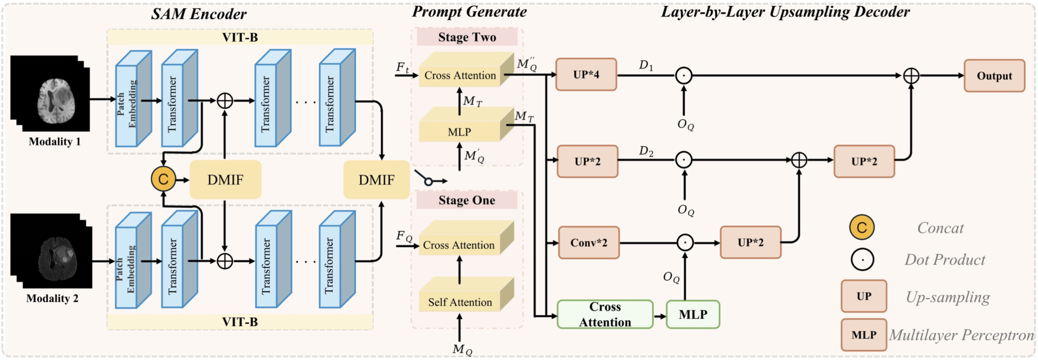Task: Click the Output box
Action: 994,76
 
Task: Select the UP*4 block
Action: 586,74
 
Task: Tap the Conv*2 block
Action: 589,243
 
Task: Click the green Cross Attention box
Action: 605,315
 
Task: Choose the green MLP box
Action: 693,315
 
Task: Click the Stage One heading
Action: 466,200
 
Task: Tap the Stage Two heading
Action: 467,37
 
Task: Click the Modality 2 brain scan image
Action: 51,251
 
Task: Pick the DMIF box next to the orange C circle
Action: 225,179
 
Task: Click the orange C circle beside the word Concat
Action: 862,227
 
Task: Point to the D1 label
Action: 646,65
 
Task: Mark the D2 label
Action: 646,151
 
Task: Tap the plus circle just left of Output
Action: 911,76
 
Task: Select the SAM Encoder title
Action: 199,14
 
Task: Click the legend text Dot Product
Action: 944,260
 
